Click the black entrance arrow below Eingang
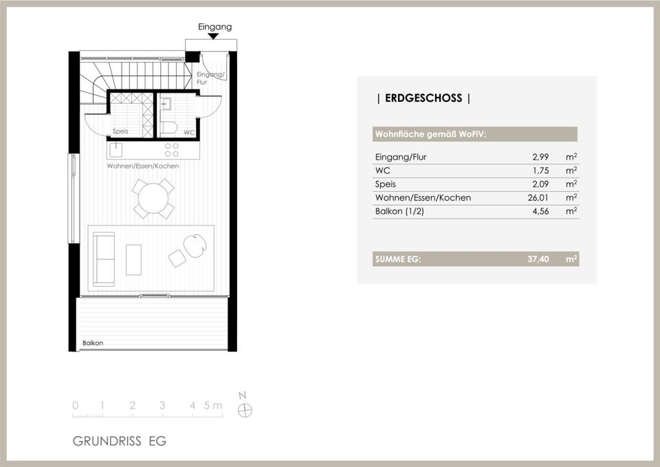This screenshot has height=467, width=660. click(x=213, y=36)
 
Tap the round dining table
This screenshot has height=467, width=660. click(x=153, y=198)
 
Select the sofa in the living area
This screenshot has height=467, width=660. click(x=104, y=259)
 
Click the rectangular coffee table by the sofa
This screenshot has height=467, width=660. click(x=134, y=260)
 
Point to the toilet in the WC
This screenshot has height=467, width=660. click(x=169, y=128)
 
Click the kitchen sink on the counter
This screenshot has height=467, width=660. click(x=115, y=149)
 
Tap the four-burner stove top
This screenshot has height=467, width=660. click(x=172, y=150)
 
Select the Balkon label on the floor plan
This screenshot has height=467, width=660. click(x=93, y=343)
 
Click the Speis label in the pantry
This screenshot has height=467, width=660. click(x=120, y=131)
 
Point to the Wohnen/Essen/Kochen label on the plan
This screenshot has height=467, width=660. click(x=143, y=166)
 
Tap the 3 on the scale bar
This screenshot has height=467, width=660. click(x=162, y=405)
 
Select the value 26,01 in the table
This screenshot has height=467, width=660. click(x=538, y=197)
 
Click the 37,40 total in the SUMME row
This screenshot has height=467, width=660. click(x=538, y=259)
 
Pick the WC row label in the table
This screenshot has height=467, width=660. click(x=383, y=171)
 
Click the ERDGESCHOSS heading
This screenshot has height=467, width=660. click(x=423, y=98)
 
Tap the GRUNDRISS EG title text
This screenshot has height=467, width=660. click(x=120, y=441)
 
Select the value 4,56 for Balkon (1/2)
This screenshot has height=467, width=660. click(x=540, y=211)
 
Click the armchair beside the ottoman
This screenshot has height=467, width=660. click(x=195, y=246)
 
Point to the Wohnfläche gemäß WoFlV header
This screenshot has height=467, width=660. click(x=430, y=134)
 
